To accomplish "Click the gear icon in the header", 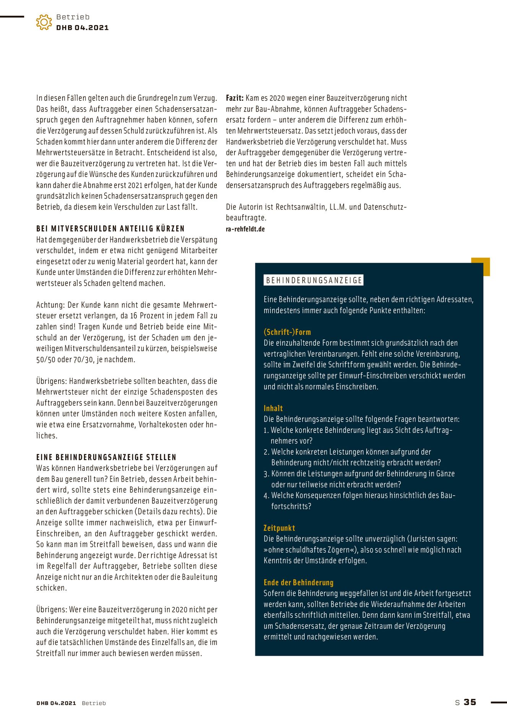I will pos(44,22).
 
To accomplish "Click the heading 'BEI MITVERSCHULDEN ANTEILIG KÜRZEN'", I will pos(110,229).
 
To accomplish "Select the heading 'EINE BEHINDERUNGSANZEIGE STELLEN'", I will pos(106,457).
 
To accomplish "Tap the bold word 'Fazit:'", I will pos(234,98).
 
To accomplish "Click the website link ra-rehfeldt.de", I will pos(245,229).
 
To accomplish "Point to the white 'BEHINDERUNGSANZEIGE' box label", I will pos(314,280).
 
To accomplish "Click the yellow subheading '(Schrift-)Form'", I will pos(287,332).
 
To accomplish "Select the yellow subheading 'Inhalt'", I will pos(273,408).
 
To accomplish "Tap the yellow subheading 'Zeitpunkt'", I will pos(279,528).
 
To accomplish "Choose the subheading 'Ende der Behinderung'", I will pos(298,582).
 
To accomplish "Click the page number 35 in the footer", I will pos(470,702).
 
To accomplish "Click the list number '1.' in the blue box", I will pos(266,430).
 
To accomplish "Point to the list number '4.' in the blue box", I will pos(266,496).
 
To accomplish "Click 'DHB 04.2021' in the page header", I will pos(82,28).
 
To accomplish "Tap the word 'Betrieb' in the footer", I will pos(94,703).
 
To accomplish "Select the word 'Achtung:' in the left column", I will pos(51,305).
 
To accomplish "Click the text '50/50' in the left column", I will pos(45,360).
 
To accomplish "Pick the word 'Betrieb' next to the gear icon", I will pos(73,17).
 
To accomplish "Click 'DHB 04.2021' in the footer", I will pos(56,703).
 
